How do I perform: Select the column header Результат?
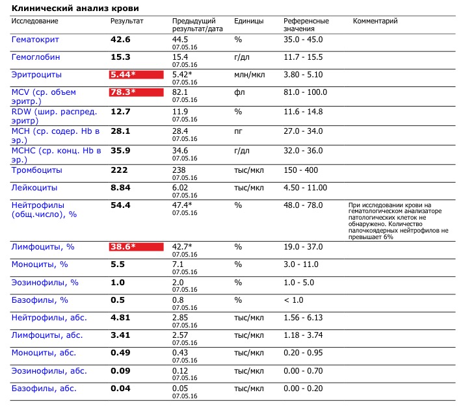pos(127,21)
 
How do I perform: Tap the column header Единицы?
pos(249,21)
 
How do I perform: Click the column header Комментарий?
pos(375,21)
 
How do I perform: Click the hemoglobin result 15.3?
pos(120,57)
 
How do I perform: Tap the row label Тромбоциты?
pos(37,170)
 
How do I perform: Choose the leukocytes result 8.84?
pos(120,188)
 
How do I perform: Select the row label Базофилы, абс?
pos(44,389)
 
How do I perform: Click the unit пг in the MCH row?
pos(239,131)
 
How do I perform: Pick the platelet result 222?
pos(118,170)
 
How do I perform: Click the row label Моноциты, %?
pos(40,265)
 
